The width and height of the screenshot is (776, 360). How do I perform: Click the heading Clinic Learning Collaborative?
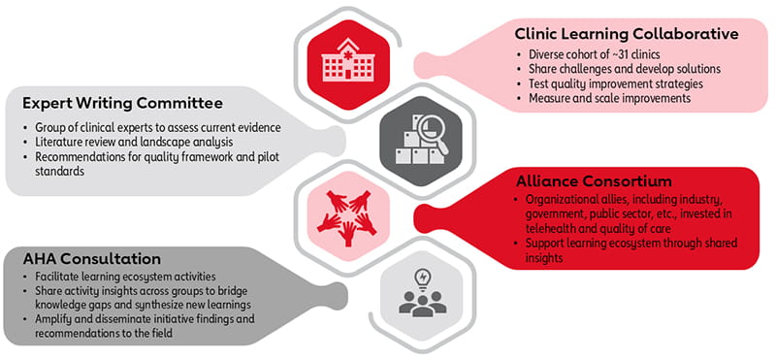tap(627, 33)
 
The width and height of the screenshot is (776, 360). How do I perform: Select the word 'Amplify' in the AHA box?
tap(53, 319)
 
